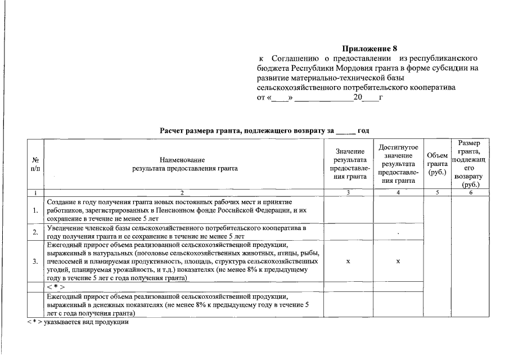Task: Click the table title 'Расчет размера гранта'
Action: (264, 130)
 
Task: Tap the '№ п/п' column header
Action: (36, 164)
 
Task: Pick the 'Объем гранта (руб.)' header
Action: (437, 164)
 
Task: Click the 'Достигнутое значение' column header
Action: (398, 164)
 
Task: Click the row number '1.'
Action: (36, 210)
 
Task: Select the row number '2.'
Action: (36, 232)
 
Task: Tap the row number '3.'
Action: (36, 262)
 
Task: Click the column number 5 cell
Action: (437, 193)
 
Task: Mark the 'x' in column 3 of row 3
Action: (348, 262)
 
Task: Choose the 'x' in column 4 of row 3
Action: (398, 262)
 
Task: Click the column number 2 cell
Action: (182, 193)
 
